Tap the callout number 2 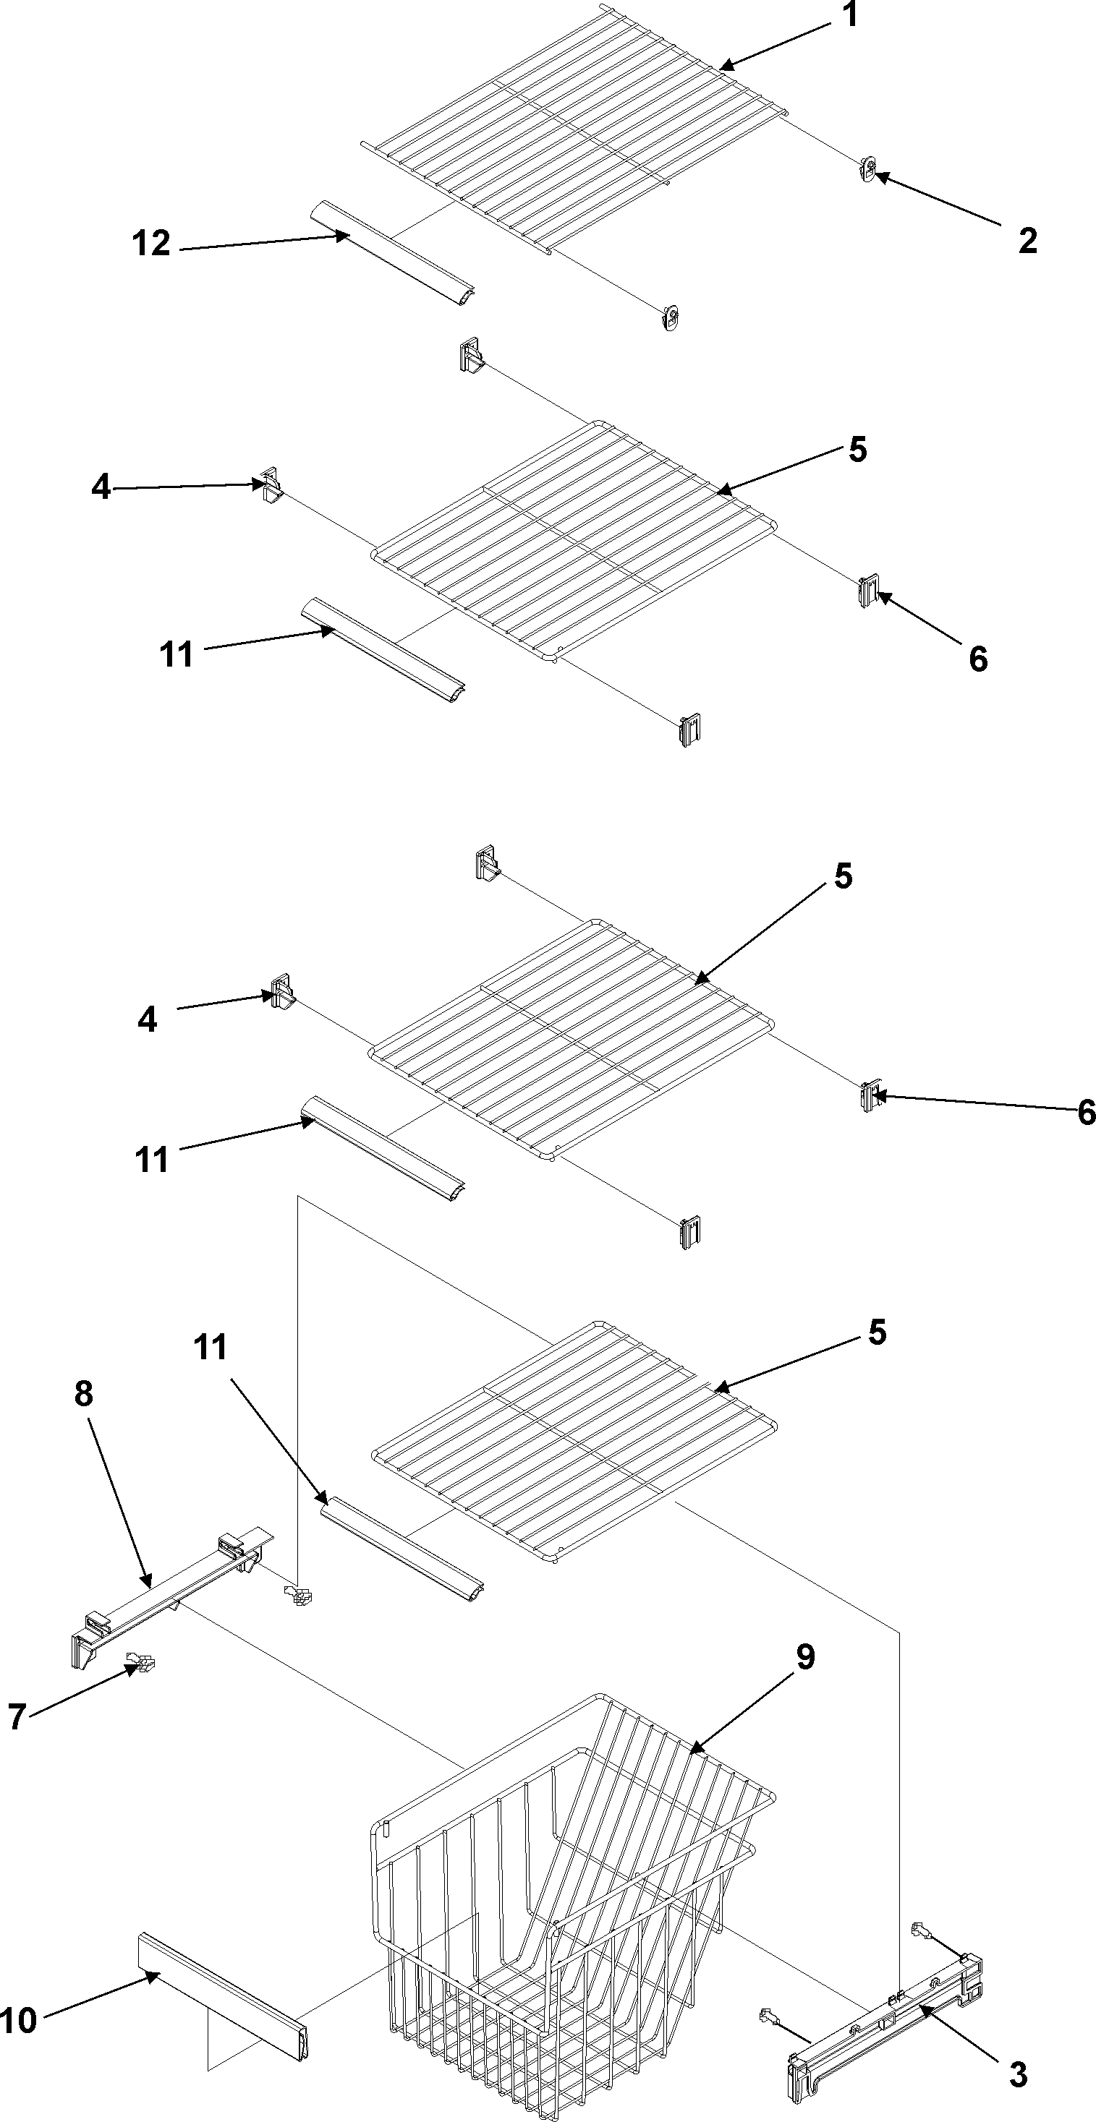pyautogui.click(x=1027, y=241)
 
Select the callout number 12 pyautogui.click(x=152, y=244)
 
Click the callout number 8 pyautogui.click(x=83, y=1393)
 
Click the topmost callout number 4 pyautogui.click(x=101, y=488)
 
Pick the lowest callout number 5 pyautogui.click(x=877, y=1332)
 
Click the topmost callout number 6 pyautogui.click(x=977, y=658)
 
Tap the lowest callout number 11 pyautogui.click(x=210, y=1348)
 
